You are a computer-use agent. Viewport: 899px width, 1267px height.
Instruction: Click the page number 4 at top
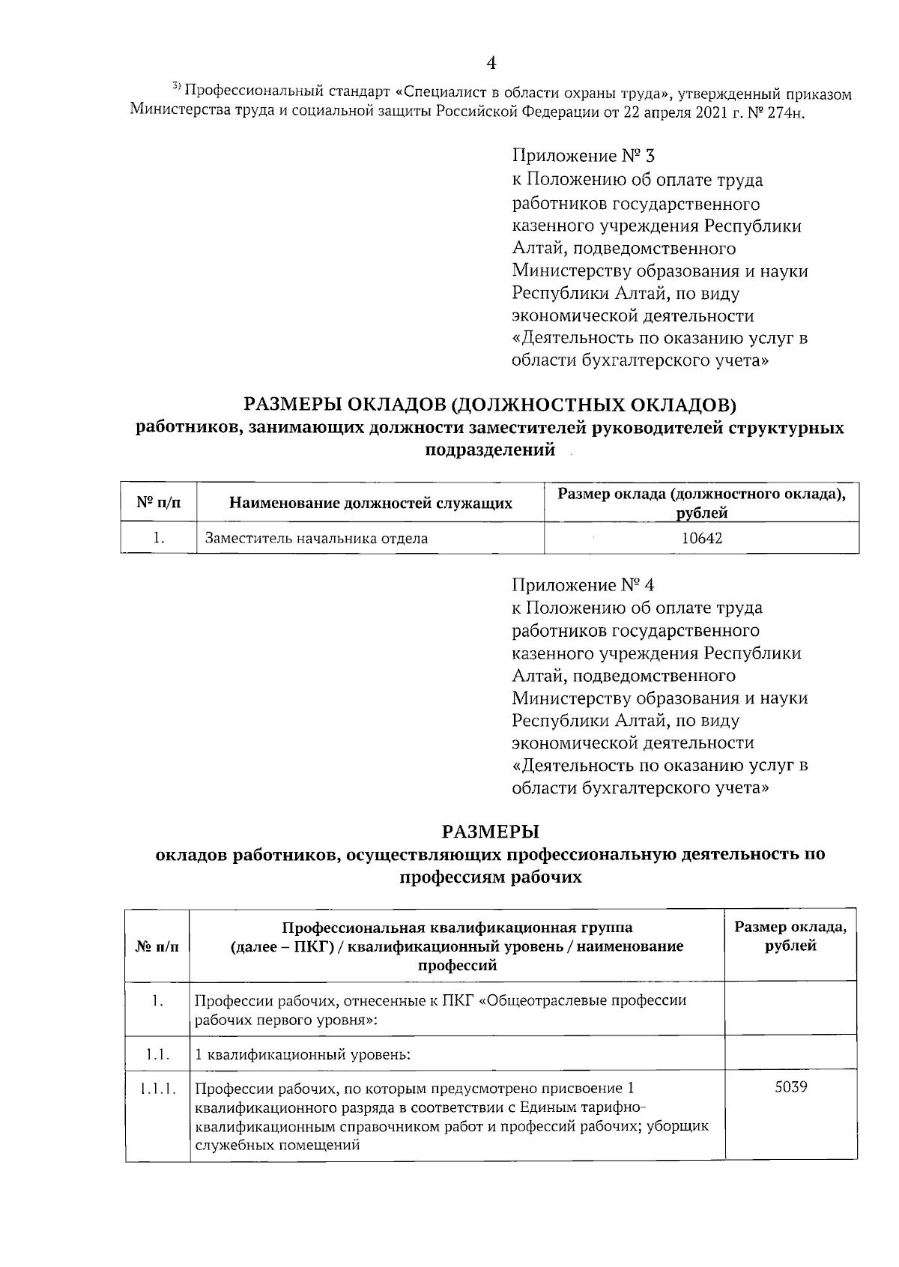point(491,62)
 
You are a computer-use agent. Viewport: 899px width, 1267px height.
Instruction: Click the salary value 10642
point(702,538)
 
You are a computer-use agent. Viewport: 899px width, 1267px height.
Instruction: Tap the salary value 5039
point(791,1086)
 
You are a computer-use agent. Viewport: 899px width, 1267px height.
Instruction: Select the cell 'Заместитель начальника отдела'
point(316,538)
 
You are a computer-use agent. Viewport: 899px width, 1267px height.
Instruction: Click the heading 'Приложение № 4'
point(584,584)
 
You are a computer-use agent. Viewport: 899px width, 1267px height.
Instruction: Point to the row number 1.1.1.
point(157,1087)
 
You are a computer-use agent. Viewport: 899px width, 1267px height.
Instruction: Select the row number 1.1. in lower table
point(157,1054)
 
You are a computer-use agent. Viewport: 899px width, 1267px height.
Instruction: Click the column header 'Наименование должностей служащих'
point(370,503)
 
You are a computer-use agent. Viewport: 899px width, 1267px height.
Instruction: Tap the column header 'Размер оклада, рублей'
point(790,936)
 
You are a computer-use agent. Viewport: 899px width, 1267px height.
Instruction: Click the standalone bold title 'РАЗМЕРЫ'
point(491,832)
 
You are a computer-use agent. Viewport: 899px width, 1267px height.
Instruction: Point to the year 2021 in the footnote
point(697,112)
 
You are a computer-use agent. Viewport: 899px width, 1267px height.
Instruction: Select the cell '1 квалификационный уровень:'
point(303,1055)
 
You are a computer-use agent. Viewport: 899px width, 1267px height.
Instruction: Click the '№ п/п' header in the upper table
point(158,502)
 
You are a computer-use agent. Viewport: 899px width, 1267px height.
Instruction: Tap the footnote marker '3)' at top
point(177,88)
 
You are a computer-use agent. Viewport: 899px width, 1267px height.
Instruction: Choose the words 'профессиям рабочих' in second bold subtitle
point(490,877)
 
